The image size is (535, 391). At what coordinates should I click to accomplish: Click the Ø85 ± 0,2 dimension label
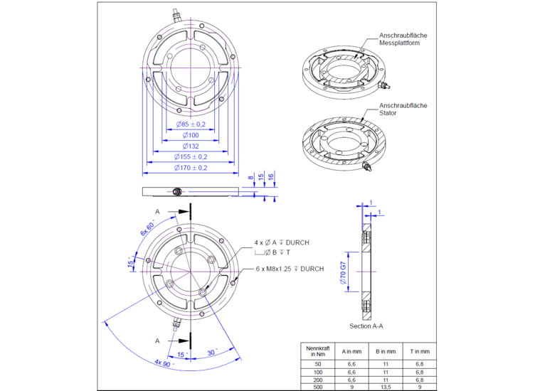point(191,124)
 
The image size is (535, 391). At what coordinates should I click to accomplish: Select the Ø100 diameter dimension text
point(190,135)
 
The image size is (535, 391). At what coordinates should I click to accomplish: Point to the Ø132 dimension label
point(190,146)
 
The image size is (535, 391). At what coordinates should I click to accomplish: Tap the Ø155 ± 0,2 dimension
point(191,156)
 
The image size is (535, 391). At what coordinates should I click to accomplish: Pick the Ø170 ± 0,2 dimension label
point(191,168)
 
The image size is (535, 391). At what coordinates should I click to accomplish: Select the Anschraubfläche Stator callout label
point(403,109)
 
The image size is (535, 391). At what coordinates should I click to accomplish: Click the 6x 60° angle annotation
point(147,228)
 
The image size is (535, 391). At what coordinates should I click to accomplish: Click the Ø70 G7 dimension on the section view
point(342,273)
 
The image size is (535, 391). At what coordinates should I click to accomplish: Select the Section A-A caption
point(367,326)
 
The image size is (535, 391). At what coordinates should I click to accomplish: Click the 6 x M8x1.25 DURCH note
point(290,269)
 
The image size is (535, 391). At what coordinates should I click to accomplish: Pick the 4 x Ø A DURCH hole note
point(282,242)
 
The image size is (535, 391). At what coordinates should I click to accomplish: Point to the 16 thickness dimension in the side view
point(271,176)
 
